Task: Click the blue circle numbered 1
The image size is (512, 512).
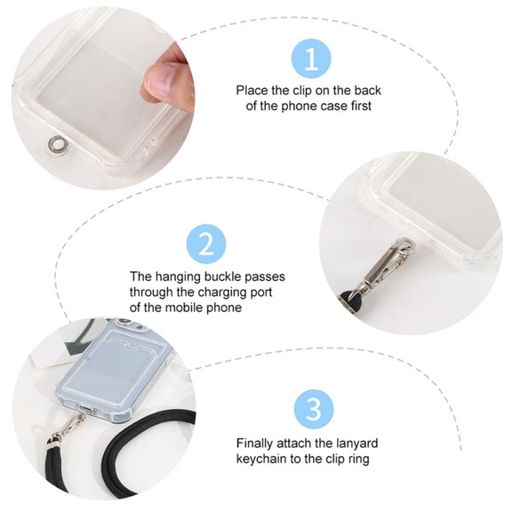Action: pyautogui.click(x=311, y=59)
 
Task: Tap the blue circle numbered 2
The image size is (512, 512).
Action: pyautogui.click(x=206, y=244)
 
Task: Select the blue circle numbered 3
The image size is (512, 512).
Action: pyautogui.click(x=314, y=409)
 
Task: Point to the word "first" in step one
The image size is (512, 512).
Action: pyautogui.click(x=361, y=106)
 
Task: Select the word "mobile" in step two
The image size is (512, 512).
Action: pyautogui.click(x=185, y=308)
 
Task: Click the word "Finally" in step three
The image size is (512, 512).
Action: pyautogui.click(x=255, y=443)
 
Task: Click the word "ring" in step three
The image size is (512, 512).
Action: pyautogui.click(x=358, y=459)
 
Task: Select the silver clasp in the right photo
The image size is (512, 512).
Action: pyautogui.click(x=386, y=266)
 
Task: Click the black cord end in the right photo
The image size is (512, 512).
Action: pyautogui.click(x=348, y=299)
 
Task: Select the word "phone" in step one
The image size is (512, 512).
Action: pyautogui.click(x=299, y=106)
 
